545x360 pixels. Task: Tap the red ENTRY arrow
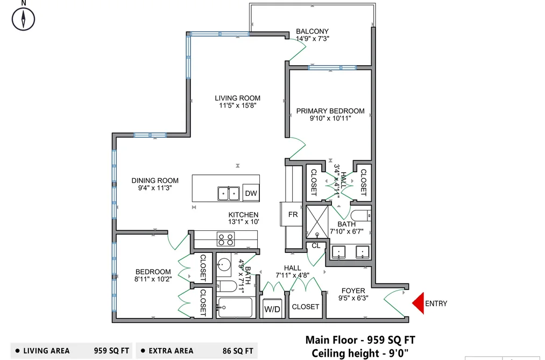click(418, 303)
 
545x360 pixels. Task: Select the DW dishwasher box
click(251, 193)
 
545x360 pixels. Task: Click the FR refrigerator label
click(293, 215)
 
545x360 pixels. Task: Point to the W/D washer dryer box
click(272, 308)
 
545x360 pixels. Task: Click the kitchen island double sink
click(229, 194)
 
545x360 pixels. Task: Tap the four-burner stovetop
click(225, 239)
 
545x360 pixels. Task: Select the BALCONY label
click(312, 31)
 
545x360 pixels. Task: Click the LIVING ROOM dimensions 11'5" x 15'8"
click(237, 105)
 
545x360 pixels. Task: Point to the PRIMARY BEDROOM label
click(330, 111)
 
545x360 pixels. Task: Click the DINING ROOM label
click(155, 180)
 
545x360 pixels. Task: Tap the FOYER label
click(353, 291)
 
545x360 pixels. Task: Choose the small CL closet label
click(316, 246)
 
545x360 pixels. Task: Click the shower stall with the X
click(317, 222)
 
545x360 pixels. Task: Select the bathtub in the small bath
click(235, 307)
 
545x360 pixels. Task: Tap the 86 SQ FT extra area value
click(238, 351)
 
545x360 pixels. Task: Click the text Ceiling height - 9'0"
click(360, 353)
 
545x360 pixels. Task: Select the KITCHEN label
click(243, 215)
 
